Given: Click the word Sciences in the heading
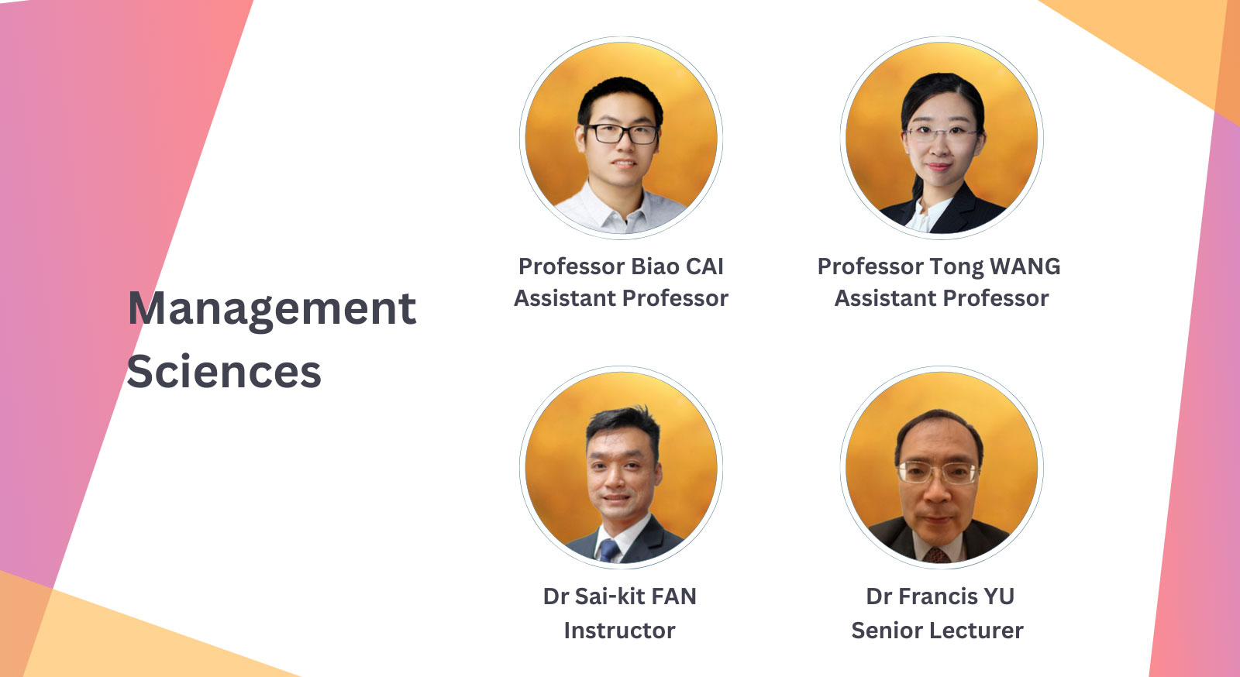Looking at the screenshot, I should click(x=223, y=372).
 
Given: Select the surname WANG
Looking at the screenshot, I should click(x=1025, y=266).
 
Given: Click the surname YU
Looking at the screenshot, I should click(x=998, y=596).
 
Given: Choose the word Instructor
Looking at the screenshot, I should click(x=619, y=631).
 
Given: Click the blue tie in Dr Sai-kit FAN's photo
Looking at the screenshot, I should click(x=608, y=550).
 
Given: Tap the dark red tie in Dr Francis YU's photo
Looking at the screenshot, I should click(x=936, y=555).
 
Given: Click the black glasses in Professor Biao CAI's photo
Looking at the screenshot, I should click(x=622, y=133).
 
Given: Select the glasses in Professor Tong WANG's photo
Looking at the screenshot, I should click(x=941, y=132).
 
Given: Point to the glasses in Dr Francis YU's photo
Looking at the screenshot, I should click(x=938, y=471).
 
